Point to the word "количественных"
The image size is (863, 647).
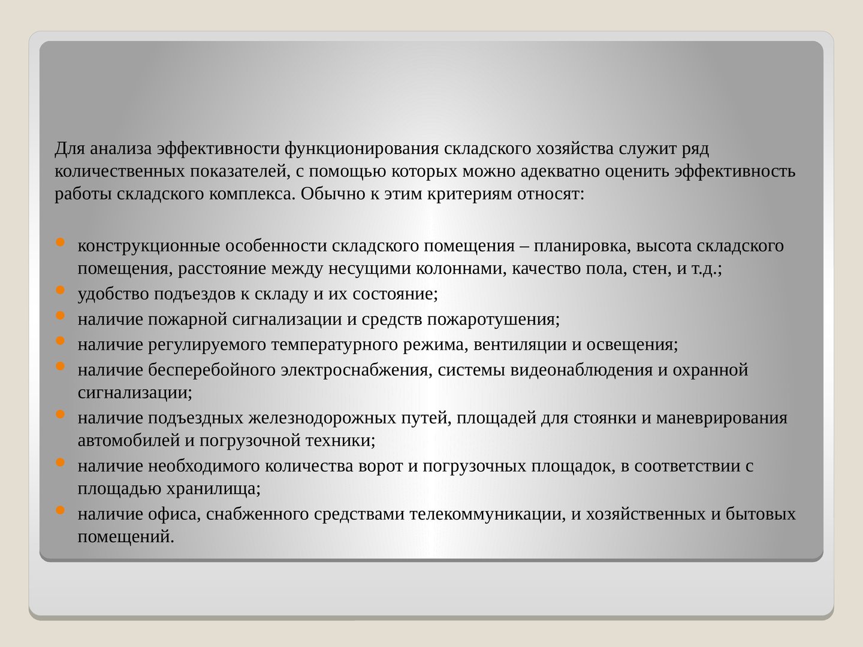click(119, 172)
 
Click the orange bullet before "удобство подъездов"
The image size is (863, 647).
click(60, 289)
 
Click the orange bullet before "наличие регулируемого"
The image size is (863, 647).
click(60, 340)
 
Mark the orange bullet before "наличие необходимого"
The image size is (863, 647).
click(60, 462)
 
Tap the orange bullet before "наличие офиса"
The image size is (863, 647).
click(60, 510)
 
